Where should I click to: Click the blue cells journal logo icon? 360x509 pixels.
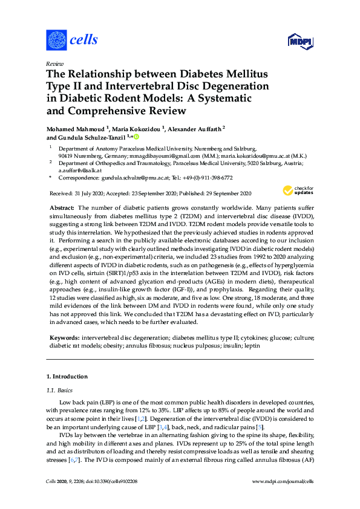tap(56, 41)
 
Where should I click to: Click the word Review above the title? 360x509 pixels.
tap(54, 63)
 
